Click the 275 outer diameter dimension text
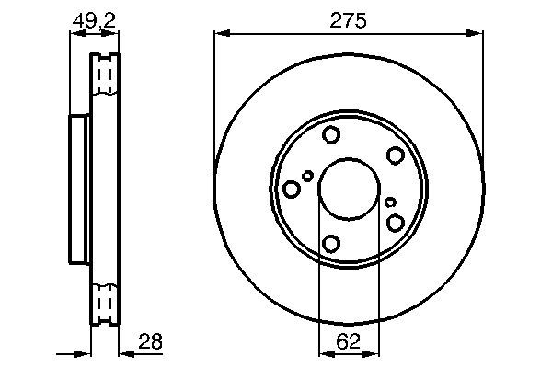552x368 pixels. pos(349,19)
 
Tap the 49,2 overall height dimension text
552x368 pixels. pos(95,18)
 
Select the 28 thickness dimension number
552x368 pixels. pos(150,342)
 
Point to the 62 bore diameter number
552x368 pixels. pos(348,342)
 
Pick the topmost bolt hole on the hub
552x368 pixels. pos(331,136)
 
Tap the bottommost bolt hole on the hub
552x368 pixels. pos(331,244)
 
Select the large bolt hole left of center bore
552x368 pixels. pos(292,190)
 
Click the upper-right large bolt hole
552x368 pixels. pos(395,155)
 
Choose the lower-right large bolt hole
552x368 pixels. pos(396,223)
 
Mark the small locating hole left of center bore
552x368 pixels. pos(308,176)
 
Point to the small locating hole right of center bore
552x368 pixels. pos(390,202)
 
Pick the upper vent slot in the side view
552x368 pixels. pos(106,75)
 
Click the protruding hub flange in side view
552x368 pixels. pos(79,189)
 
